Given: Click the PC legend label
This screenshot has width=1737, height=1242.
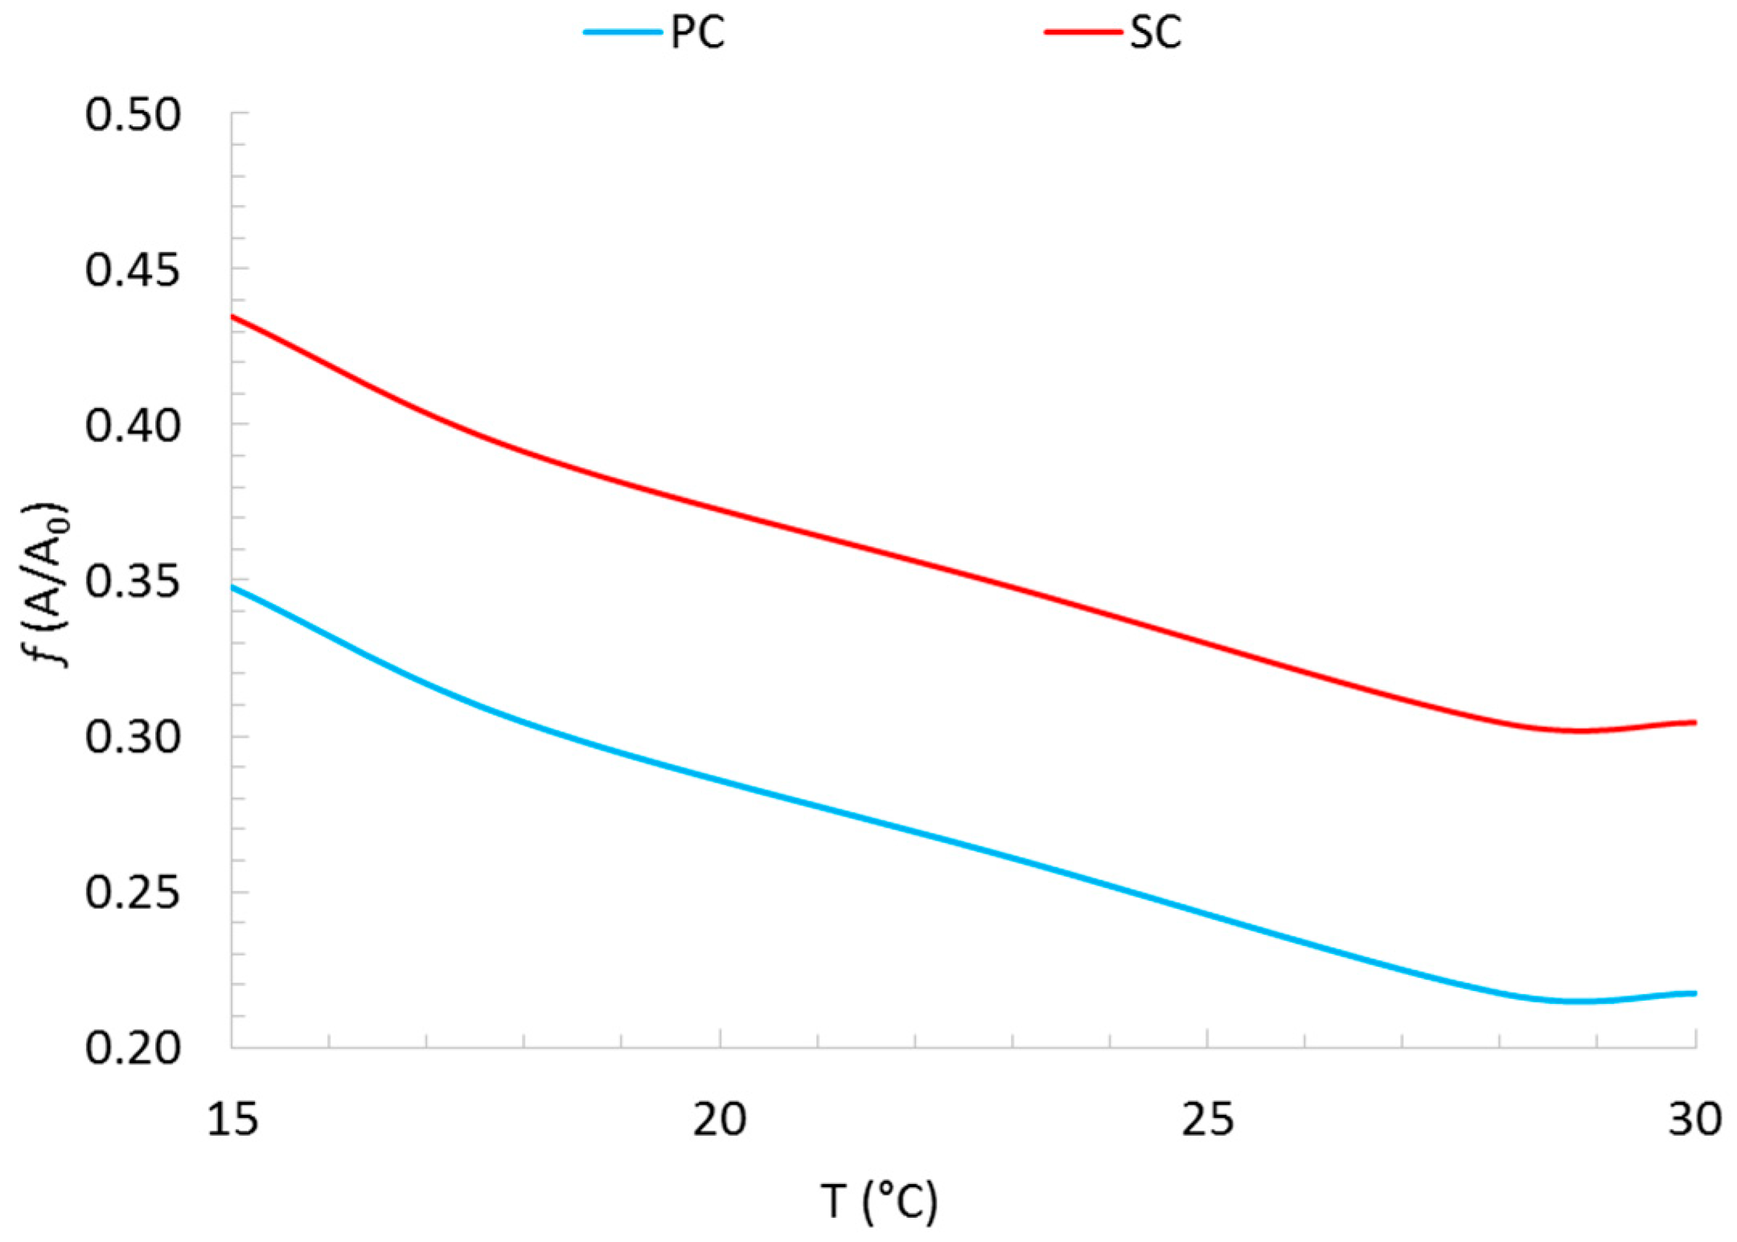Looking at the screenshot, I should (697, 34).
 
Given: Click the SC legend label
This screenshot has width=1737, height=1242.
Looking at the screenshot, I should (1155, 34).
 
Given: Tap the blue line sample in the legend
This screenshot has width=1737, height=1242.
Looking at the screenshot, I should (622, 32).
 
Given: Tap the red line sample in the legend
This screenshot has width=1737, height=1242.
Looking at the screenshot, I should (1082, 32).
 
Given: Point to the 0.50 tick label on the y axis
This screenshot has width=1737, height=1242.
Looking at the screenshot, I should (133, 115).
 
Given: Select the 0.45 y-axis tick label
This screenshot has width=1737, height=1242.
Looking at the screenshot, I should (133, 270).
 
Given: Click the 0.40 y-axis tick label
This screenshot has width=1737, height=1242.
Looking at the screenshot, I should (133, 426).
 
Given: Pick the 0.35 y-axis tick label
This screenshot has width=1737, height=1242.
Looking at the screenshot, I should (133, 582).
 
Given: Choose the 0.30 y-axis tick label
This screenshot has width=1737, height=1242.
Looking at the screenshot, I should (133, 737).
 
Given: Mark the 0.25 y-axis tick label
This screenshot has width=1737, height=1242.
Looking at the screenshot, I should (133, 893).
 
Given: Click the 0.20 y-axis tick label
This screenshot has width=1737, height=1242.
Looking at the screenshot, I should (133, 1048).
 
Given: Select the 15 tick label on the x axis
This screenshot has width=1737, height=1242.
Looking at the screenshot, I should (232, 1119).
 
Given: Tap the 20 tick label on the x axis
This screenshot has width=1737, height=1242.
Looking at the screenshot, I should (720, 1119).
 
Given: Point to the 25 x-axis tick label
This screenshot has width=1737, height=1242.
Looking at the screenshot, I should (1207, 1119).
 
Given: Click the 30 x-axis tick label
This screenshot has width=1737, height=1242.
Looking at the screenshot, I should (1694, 1119).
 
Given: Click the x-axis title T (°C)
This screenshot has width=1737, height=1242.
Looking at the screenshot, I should (879, 1202).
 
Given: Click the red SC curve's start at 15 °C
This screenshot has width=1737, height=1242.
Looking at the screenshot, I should (233, 317).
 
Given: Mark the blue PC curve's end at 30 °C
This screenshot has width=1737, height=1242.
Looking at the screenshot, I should (1694, 993).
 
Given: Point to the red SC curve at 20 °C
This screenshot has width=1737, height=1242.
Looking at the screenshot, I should (720, 509).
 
